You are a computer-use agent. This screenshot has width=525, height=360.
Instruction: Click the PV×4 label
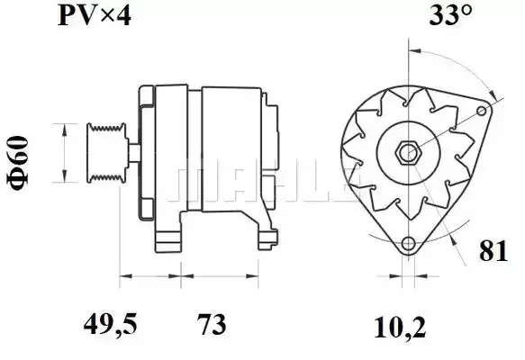(94, 16)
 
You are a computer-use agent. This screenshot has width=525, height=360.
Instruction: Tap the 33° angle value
(450, 14)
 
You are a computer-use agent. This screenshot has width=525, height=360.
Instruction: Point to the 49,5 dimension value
(110, 325)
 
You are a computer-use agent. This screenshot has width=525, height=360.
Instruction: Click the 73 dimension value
(212, 325)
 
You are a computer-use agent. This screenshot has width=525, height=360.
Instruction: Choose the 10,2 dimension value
(400, 328)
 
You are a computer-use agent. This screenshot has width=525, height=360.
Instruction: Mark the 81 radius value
(493, 251)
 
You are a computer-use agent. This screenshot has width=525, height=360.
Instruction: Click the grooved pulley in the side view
(107, 153)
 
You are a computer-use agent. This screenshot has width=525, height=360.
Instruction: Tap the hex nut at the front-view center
(408, 153)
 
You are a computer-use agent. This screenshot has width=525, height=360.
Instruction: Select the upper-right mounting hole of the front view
(482, 111)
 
